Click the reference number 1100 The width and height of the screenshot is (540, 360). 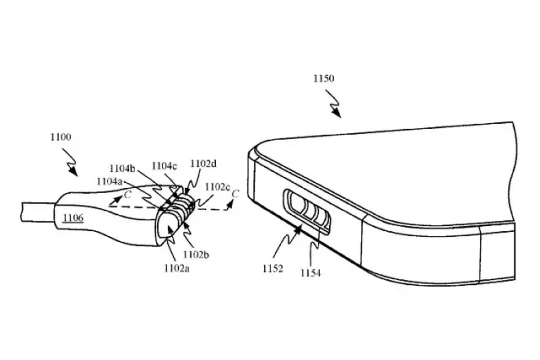61,137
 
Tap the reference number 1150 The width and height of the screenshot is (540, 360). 323,78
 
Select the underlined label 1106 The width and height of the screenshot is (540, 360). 73,218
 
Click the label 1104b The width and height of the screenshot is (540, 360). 122,169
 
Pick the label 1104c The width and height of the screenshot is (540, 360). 165,166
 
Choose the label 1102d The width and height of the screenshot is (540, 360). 203,164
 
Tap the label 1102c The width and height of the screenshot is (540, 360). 218,187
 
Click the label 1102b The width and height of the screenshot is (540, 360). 196,255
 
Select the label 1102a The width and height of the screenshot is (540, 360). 176,268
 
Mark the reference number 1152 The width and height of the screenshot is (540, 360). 273,268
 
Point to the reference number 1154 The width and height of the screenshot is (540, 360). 310,273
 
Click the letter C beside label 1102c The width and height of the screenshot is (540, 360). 235,194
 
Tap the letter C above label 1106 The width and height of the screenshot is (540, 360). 127,195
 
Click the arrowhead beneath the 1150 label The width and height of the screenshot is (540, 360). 337,113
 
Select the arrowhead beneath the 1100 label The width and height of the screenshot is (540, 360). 73,172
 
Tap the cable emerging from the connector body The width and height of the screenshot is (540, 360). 37,212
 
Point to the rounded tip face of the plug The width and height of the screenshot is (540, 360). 167,230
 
